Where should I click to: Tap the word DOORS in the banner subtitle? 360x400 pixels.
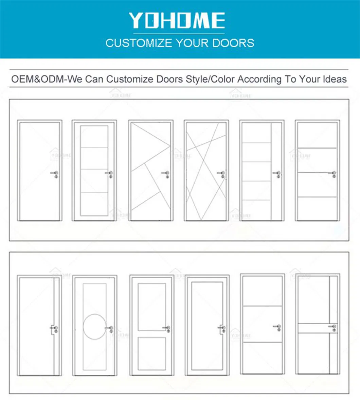[x=233, y=43]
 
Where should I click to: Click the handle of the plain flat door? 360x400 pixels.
[x=55, y=174]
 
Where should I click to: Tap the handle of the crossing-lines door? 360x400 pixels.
[x=222, y=174]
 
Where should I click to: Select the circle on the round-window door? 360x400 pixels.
[x=95, y=327]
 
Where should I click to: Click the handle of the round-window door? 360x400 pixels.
[x=111, y=328]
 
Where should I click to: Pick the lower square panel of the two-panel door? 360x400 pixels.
[x=152, y=353]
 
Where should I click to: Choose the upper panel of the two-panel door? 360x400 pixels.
[x=152, y=307]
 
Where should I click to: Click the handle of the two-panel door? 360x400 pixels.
[x=166, y=328]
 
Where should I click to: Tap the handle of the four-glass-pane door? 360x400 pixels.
[x=109, y=174]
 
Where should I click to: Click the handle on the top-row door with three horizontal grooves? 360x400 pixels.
[x=333, y=174]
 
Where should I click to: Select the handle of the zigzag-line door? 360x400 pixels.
[x=166, y=174]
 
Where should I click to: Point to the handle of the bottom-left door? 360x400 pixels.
[x=54, y=328]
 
